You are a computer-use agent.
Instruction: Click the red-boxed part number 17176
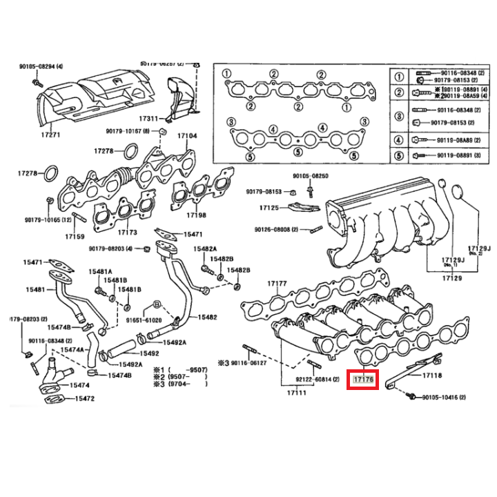(363, 379)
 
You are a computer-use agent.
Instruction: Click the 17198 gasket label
(196, 215)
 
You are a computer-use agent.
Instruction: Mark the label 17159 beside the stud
(75, 236)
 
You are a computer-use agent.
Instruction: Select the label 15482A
(205, 248)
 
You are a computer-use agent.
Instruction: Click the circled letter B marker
(157, 304)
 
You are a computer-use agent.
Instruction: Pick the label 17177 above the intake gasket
(276, 284)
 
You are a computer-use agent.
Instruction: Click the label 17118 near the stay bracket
(431, 376)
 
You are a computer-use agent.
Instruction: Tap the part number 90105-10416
(443, 398)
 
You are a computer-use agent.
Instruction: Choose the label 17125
(269, 207)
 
